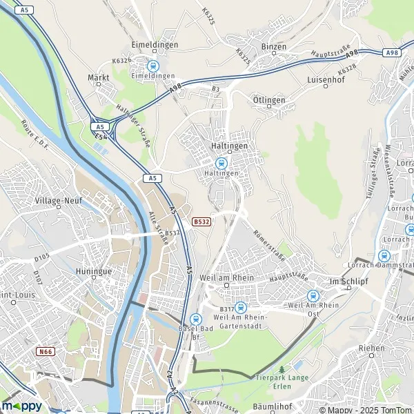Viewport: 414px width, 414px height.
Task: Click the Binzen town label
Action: coord(268,46)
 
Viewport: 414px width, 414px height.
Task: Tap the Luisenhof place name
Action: coord(326,79)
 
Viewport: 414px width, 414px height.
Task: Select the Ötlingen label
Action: coord(269,100)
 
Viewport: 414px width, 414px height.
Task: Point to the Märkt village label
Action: coord(99,77)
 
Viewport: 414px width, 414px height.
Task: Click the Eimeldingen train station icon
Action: coord(152,66)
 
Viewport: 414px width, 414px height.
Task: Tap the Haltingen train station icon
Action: coord(221,163)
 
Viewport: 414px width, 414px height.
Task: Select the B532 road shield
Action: coord(201,221)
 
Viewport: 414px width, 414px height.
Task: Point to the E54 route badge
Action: coord(101,137)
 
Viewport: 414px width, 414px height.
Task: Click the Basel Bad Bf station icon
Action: coord(195,319)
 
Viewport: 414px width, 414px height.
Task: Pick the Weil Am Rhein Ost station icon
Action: coord(313,295)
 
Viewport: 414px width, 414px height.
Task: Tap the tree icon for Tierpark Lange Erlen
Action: coord(281,370)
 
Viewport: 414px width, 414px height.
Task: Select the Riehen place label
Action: coord(371,348)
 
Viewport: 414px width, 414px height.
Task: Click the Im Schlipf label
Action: coord(346,282)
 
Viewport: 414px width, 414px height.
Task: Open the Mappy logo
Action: coord(21,405)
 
